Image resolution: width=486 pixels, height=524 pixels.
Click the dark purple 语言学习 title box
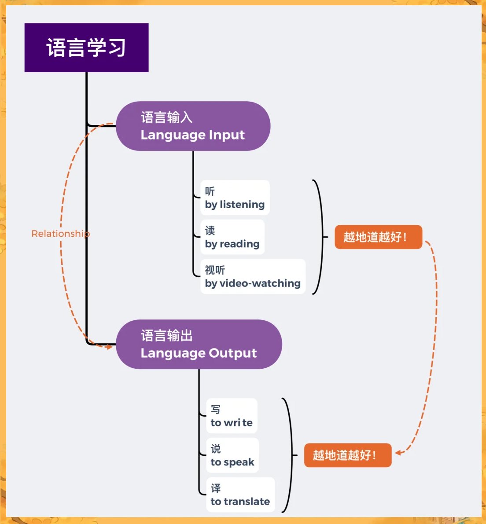86,48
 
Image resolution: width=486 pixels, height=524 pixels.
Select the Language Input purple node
193,126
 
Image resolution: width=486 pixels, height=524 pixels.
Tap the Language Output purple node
199,344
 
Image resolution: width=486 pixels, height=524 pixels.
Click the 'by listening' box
235,198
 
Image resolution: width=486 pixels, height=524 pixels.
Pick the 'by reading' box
232,237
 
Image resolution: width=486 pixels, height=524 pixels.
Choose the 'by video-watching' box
253,276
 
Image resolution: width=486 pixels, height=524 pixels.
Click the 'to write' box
232,416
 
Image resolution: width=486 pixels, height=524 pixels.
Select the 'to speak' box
232,455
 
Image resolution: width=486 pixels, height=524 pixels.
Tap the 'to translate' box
240,495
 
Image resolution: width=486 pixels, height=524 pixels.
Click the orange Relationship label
61,234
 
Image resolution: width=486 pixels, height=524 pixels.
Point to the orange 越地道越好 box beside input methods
378,237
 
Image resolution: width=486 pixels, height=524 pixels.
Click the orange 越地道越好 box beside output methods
347,455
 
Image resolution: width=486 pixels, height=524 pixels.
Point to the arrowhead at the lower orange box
398,453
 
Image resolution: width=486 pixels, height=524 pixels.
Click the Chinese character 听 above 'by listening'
210,191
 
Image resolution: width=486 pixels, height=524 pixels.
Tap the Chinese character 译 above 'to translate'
216,488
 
